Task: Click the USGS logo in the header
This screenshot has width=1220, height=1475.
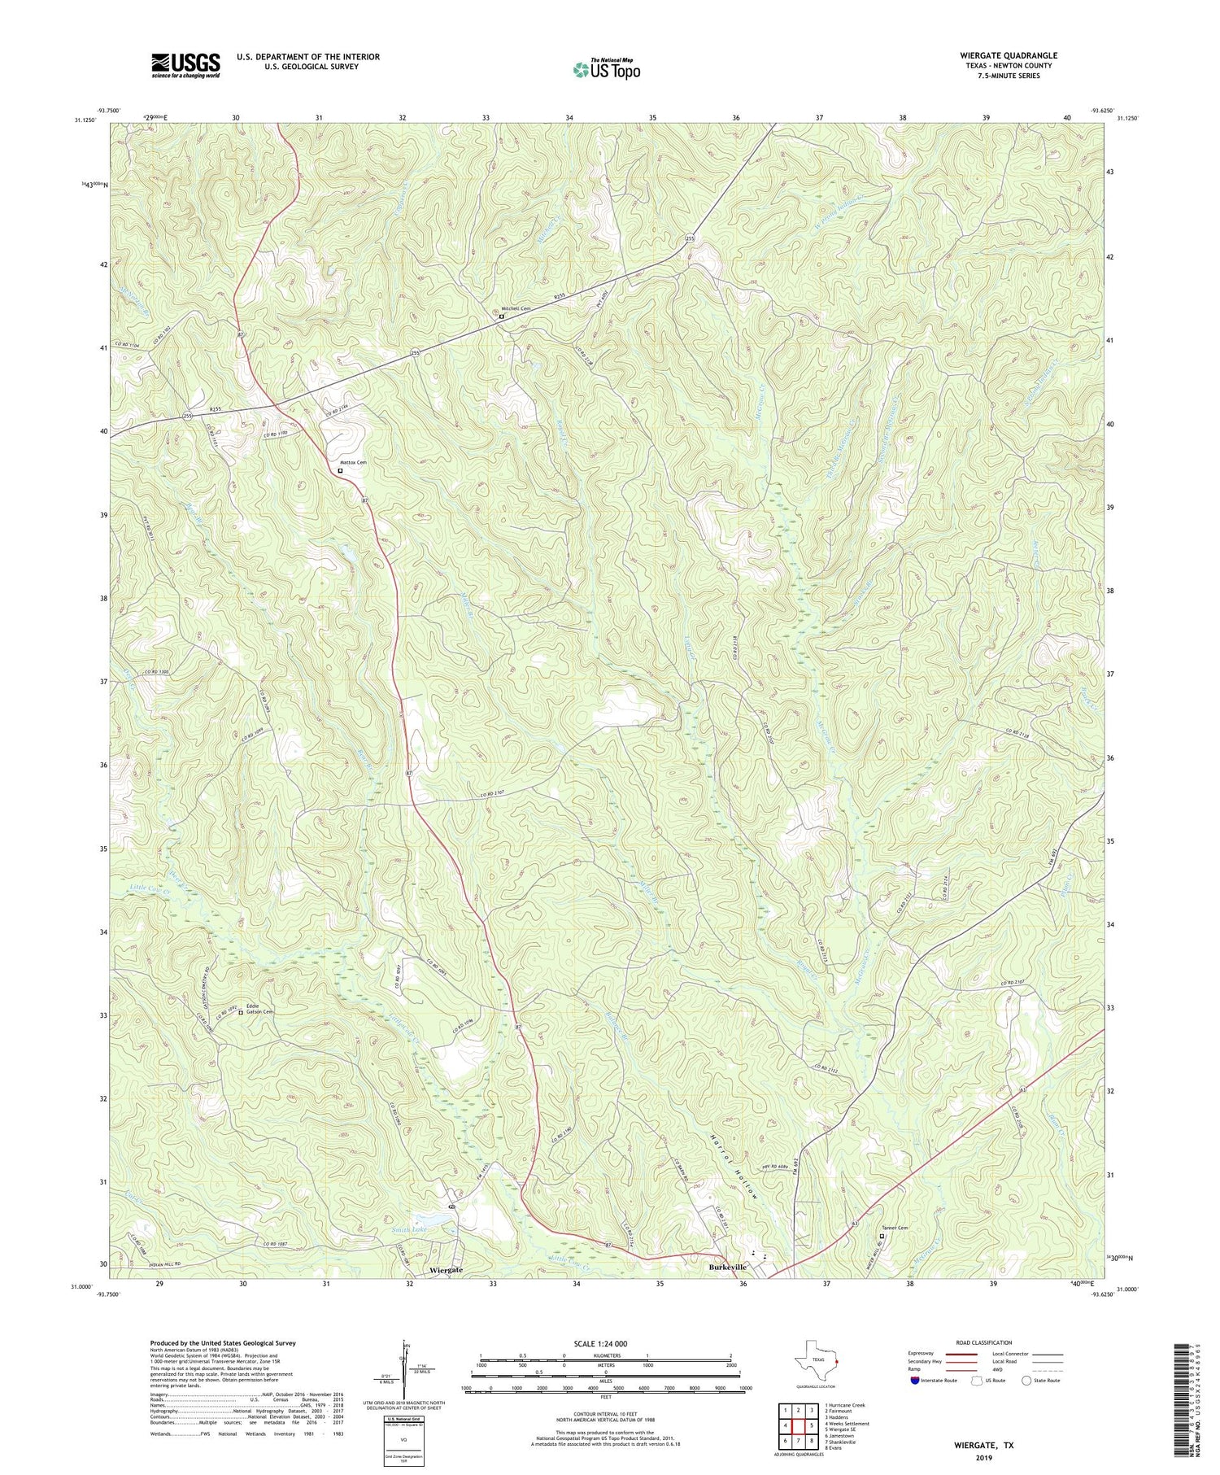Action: (x=185, y=65)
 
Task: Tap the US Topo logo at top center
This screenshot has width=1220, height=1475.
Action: (x=605, y=69)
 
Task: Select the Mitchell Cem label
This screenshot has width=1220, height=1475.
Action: (x=516, y=309)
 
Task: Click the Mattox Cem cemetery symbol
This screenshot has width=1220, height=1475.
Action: (x=340, y=470)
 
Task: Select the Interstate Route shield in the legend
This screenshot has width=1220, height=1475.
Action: (x=915, y=1381)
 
